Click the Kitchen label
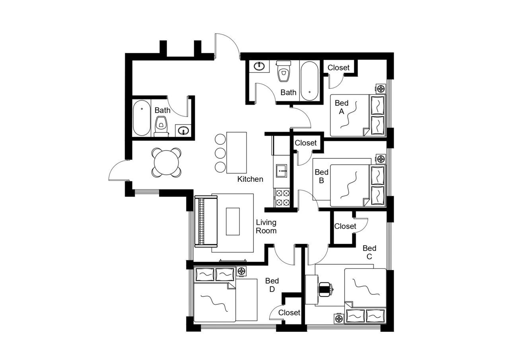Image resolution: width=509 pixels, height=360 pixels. click(250, 179)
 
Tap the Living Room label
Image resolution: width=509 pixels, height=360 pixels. click(266, 226)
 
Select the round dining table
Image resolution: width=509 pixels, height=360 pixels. click(167, 162)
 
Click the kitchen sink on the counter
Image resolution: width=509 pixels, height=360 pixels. click(282, 171)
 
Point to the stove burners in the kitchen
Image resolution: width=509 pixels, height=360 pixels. click(282, 198)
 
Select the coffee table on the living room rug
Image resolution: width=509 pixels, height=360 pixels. click(233, 222)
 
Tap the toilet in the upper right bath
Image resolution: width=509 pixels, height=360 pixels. click(283, 72)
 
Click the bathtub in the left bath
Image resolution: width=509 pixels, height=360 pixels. click(142, 118)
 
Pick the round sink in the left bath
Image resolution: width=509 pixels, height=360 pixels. click(183, 130)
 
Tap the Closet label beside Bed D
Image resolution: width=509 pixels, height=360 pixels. click(289, 313)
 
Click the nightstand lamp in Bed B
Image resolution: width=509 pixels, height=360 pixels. click(381, 159)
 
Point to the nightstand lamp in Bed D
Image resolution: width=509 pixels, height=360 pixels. click(241, 271)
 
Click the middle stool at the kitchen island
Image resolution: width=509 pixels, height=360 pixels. click(220, 153)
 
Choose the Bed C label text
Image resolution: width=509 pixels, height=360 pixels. click(369, 252)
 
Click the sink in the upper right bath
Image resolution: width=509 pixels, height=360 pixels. click(259, 66)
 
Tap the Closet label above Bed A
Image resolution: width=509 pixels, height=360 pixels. click(338, 68)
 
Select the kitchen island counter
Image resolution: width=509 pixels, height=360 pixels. click(237, 153)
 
